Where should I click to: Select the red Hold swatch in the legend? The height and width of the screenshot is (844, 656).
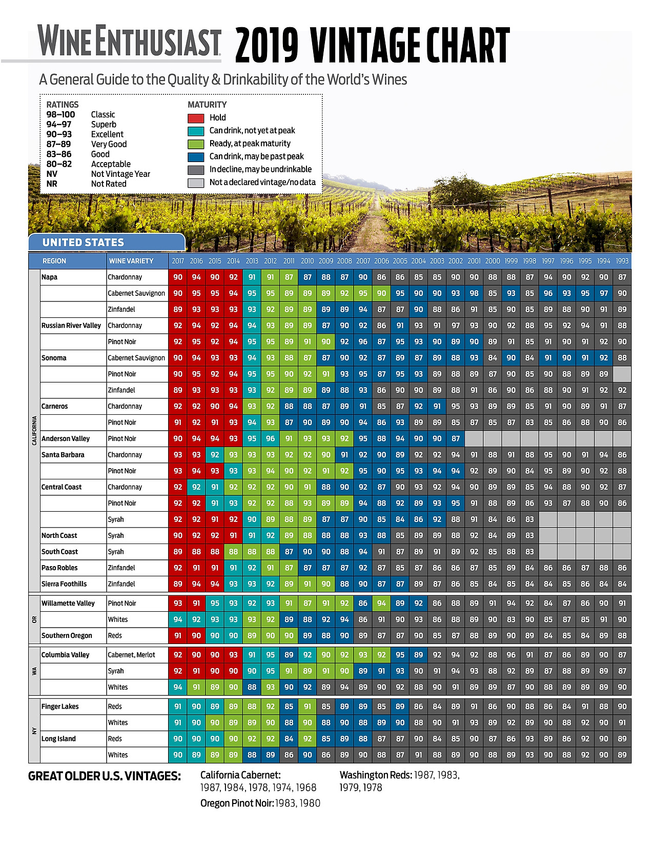click(196, 118)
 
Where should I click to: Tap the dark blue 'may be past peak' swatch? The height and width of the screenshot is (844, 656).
click(196, 157)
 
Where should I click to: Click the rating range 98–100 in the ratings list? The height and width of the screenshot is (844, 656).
click(60, 114)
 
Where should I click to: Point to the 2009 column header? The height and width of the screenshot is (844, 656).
click(326, 261)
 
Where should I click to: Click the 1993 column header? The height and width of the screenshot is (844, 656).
click(622, 261)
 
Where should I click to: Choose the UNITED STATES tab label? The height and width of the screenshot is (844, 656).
click(83, 243)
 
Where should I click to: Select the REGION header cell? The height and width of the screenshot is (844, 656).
click(54, 261)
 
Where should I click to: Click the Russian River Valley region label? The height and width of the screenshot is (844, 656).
click(71, 326)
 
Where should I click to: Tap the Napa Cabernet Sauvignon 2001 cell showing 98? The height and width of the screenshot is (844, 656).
click(474, 293)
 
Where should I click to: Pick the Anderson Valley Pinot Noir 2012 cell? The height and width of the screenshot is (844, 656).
click(271, 438)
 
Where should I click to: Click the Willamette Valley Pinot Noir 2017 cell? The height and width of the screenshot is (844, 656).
click(178, 604)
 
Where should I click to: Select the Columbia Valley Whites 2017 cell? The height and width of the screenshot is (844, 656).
click(178, 687)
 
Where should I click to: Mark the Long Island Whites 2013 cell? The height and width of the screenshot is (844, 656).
click(252, 755)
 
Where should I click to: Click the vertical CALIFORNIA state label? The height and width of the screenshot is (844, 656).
click(34, 431)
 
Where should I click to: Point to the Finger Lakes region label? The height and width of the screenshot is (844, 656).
click(60, 707)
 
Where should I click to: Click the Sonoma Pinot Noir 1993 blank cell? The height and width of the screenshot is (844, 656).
click(622, 374)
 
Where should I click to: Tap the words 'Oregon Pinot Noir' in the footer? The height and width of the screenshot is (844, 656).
click(237, 803)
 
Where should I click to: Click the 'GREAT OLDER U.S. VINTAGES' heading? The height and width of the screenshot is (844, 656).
click(105, 776)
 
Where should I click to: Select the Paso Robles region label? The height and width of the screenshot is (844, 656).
click(59, 568)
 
